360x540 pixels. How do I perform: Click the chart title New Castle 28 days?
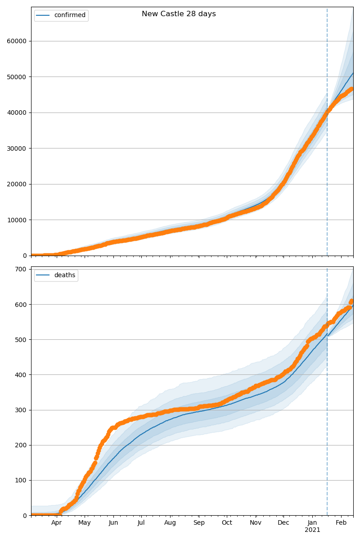[179, 14]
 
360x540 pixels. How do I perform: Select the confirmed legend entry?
[61, 15]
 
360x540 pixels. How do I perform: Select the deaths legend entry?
[56, 275]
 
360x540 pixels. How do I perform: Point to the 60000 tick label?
[16, 41]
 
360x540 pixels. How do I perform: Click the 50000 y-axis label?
[16, 77]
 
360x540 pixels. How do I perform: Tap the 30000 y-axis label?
[16, 148]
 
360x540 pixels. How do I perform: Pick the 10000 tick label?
[16, 220]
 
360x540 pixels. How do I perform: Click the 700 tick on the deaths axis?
[21, 269]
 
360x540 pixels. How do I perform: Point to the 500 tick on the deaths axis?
[21, 340]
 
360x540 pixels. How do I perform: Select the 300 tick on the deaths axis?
[21, 410]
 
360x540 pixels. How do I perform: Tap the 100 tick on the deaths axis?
[21, 481]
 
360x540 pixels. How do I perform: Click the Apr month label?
[56, 522]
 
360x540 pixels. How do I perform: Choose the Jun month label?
[113, 522]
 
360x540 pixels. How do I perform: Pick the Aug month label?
[170, 522]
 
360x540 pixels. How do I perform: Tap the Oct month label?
[227, 522]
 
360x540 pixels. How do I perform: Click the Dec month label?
[283, 522]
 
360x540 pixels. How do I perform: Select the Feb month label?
[341, 522]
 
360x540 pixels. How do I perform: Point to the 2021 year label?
[312, 530]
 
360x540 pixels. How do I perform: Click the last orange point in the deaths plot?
[351, 301]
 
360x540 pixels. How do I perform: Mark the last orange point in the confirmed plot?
[351, 89]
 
